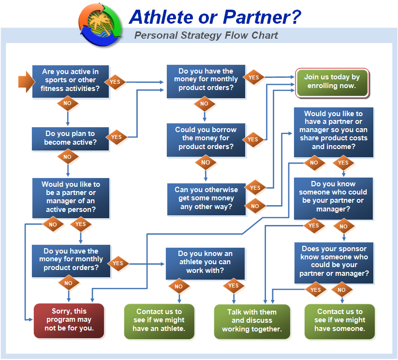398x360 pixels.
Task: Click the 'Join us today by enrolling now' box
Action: tap(332, 83)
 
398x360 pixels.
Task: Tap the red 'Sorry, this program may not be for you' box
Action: tap(69, 321)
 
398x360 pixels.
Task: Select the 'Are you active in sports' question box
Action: tap(71, 81)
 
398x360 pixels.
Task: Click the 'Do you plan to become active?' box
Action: tap(70, 139)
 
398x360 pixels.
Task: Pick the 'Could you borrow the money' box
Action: tap(206, 140)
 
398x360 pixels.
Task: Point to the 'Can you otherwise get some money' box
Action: tap(206, 199)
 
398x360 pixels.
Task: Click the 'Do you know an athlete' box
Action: tap(205, 263)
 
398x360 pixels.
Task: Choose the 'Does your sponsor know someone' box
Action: tap(334, 263)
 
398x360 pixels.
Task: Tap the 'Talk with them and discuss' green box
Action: tap(252, 321)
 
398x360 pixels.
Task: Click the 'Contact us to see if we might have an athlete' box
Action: tap(159, 321)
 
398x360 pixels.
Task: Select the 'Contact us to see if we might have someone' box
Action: tap(339, 321)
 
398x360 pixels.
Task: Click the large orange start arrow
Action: tap(27, 82)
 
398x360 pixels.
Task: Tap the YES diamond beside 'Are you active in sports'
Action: tap(115, 82)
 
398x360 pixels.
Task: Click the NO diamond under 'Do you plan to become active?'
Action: tap(68, 157)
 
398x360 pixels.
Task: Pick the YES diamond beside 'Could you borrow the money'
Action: tap(253, 139)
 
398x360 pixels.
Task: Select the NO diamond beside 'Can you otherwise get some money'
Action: tap(255, 206)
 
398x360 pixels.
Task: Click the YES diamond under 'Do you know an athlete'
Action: tap(234, 285)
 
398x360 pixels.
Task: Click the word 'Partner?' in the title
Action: tap(262, 17)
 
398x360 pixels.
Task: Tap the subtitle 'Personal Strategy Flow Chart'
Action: tap(206, 35)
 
